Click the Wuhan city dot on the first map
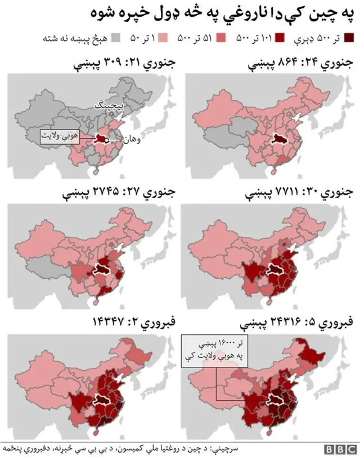[107, 139]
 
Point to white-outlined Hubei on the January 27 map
[101, 269]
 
